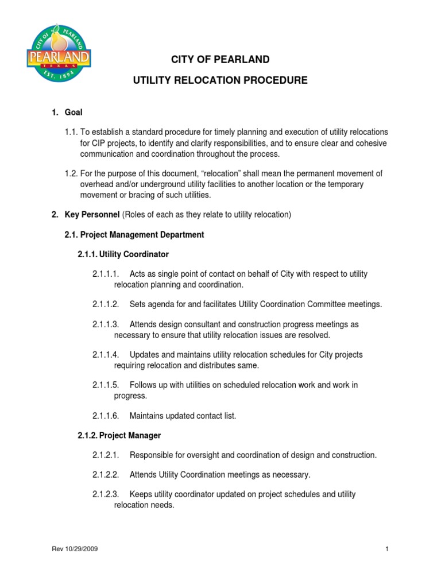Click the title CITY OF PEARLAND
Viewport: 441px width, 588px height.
pyautogui.click(x=220, y=60)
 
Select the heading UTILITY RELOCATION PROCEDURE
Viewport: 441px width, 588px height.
pyautogui.click(x=220, y=80)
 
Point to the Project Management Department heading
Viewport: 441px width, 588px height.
pyautogui.click(x=134, y=235)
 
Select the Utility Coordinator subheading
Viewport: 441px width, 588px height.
pyautogui.click(x=123, y=254)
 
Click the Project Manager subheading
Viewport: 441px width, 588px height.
pyautogui.click(x=119, y=435)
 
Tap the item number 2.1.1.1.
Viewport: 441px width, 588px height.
pyautogui.click(x=106, y=274)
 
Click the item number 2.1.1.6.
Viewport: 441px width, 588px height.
pyautogui.click(x=106, y=415)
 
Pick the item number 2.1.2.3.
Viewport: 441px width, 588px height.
pyautogui.click(x=106, y=494)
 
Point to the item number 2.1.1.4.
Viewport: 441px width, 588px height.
pyautogui.click(x=106, y=354)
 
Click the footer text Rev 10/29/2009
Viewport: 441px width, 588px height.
pyautogui.click(x=75, y=549)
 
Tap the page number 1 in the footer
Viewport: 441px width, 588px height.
pyautogui.click(x=387, y=549)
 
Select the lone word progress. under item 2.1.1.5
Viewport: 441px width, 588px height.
pyautogui.click(x=130, y=396)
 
